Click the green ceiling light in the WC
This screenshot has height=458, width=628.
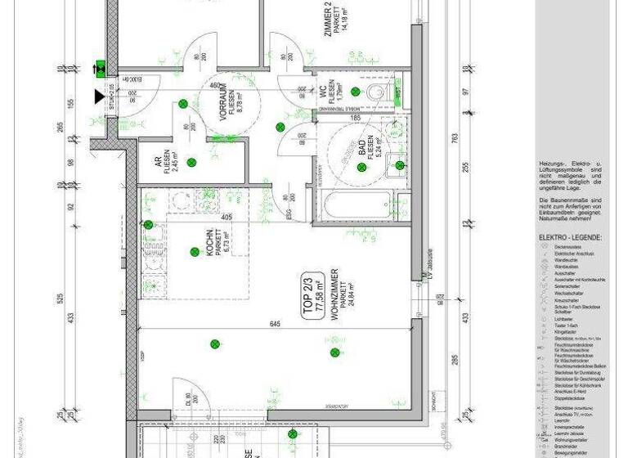356,91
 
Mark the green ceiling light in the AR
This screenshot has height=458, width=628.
191,162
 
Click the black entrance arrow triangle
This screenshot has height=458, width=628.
100,97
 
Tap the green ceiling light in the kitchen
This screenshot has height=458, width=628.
195,252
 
